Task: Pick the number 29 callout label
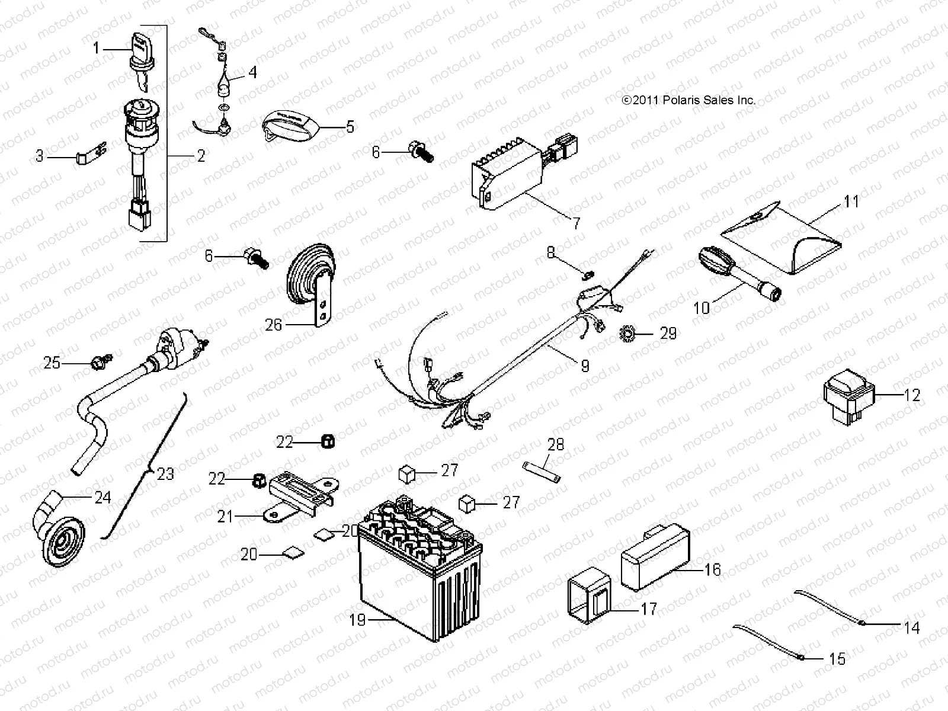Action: coord(668,334)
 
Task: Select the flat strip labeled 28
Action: coord(542,472)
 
